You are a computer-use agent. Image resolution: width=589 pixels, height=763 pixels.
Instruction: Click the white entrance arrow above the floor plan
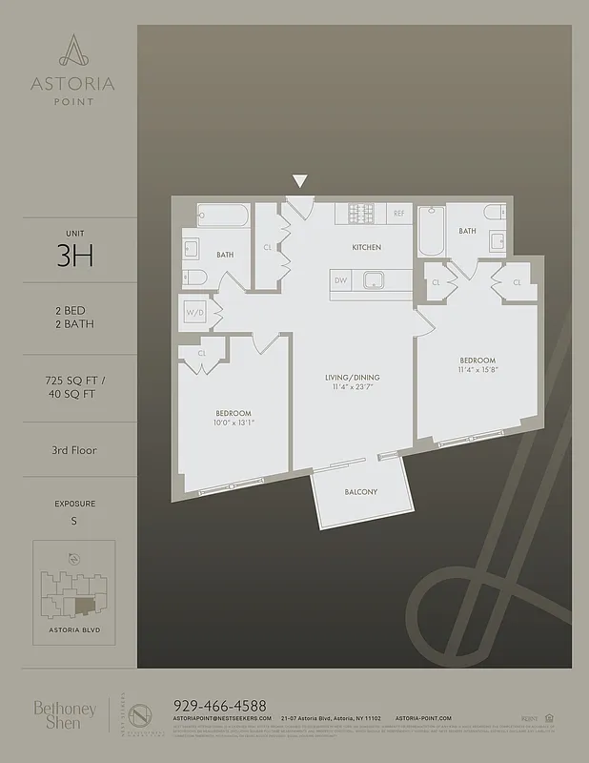pyautogui.click(x=300, y=181)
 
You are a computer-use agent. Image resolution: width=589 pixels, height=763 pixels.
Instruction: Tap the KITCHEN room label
pyautogui.click(x=366, y=247)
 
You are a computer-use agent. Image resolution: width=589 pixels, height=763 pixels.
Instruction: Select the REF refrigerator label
pyautogui.click(x=399, y=214)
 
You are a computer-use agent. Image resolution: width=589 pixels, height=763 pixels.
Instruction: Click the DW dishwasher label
pyautogui.click(x=340, y=280)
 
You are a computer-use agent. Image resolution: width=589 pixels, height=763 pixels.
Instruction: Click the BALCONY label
pyautogui.click(x=361, y=492)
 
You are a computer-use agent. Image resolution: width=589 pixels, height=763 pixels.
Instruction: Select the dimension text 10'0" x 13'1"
pyautogui.click(x=234, y=422)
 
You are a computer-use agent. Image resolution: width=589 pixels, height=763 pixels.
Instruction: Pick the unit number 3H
pyautogui.click(x=74, y=258)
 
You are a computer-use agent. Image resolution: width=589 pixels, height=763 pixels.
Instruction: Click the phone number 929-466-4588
pyautogui.click(x=220, y=705)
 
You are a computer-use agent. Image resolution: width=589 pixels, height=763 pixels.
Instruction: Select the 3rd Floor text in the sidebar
pyautogui.click(x=74, y=449)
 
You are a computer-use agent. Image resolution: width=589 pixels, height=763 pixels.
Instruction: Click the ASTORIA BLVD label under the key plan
pyautogui.click(x=73, y=631)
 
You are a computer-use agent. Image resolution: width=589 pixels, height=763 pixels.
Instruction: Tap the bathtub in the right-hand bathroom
pyautogui.click(x=431, y=232)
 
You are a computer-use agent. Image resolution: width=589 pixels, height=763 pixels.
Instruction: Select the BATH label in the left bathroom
pyautogui.click(x=225, y=255)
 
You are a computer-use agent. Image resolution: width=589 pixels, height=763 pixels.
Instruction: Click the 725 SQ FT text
pyautogui.click(x=74, y=381)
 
